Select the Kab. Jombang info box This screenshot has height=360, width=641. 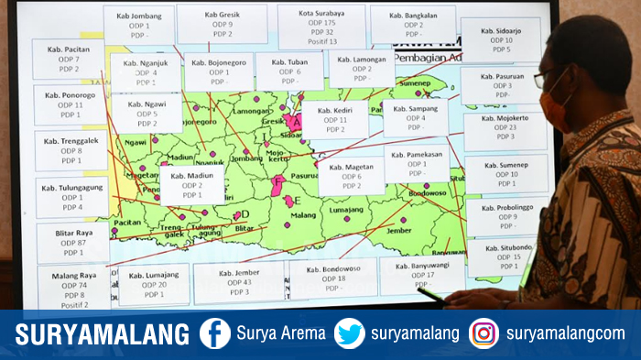coord(138,25)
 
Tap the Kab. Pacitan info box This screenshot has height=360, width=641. coord(68,59)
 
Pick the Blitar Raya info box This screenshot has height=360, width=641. coord(73,243)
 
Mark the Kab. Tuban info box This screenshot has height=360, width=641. coord(289,71)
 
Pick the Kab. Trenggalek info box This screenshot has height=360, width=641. coord(71,150)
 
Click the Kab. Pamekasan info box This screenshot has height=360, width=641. coord(417,163)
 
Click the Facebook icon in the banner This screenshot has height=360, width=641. coord(215,333)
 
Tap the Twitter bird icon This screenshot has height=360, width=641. coord(349,333)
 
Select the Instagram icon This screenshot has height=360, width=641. coord(483,333)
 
